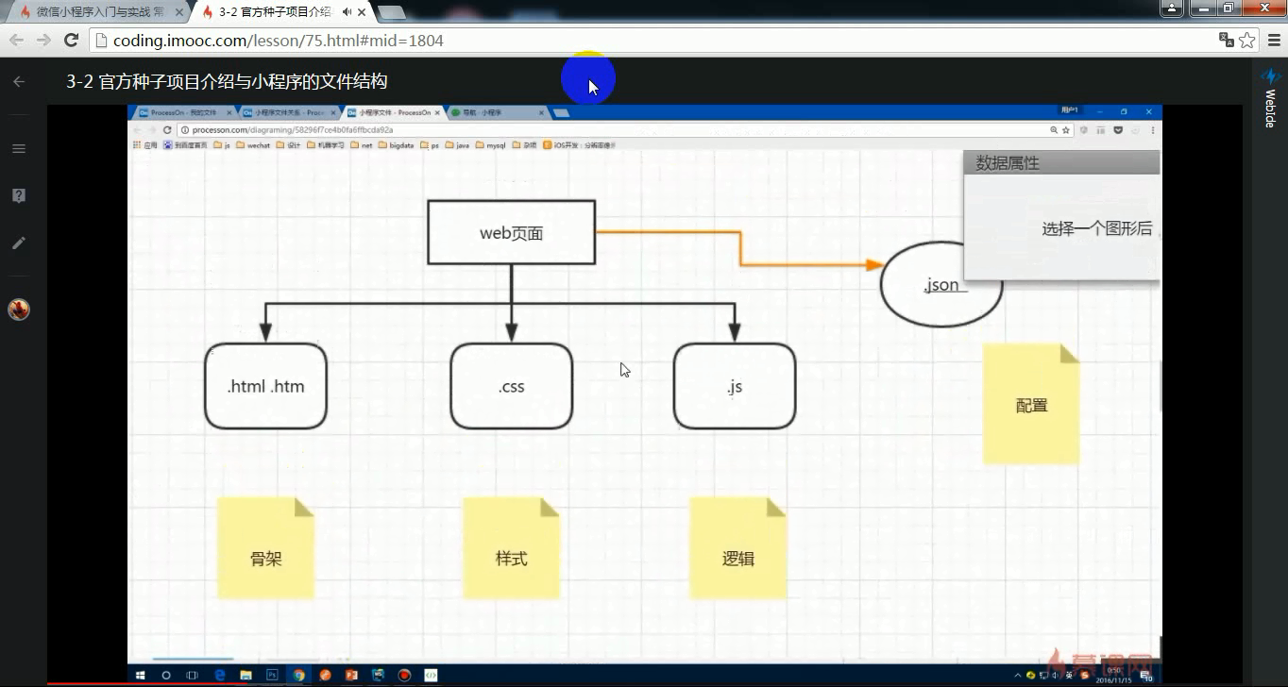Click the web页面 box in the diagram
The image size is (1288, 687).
coord(511,232)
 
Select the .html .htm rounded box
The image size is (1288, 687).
coord(265,386)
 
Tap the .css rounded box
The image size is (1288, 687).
coord(511,386)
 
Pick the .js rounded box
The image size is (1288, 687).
coord(735,386)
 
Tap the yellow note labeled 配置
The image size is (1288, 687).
coord(1031,405)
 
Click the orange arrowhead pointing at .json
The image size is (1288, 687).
coord(873,265)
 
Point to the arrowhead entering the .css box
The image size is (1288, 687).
coord(511,332)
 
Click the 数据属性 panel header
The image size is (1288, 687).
coord(1061,162)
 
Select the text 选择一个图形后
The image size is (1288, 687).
coord(1096,228)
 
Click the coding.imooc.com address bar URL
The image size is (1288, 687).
coord(279,41)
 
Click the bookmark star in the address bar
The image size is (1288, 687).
coord(1247,41)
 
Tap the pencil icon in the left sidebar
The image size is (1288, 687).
coord(19,243)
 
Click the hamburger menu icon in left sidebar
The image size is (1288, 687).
coord(19,148)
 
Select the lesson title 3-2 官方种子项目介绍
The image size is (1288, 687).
coord(227,82)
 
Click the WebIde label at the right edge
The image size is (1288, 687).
coord(1270,108)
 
